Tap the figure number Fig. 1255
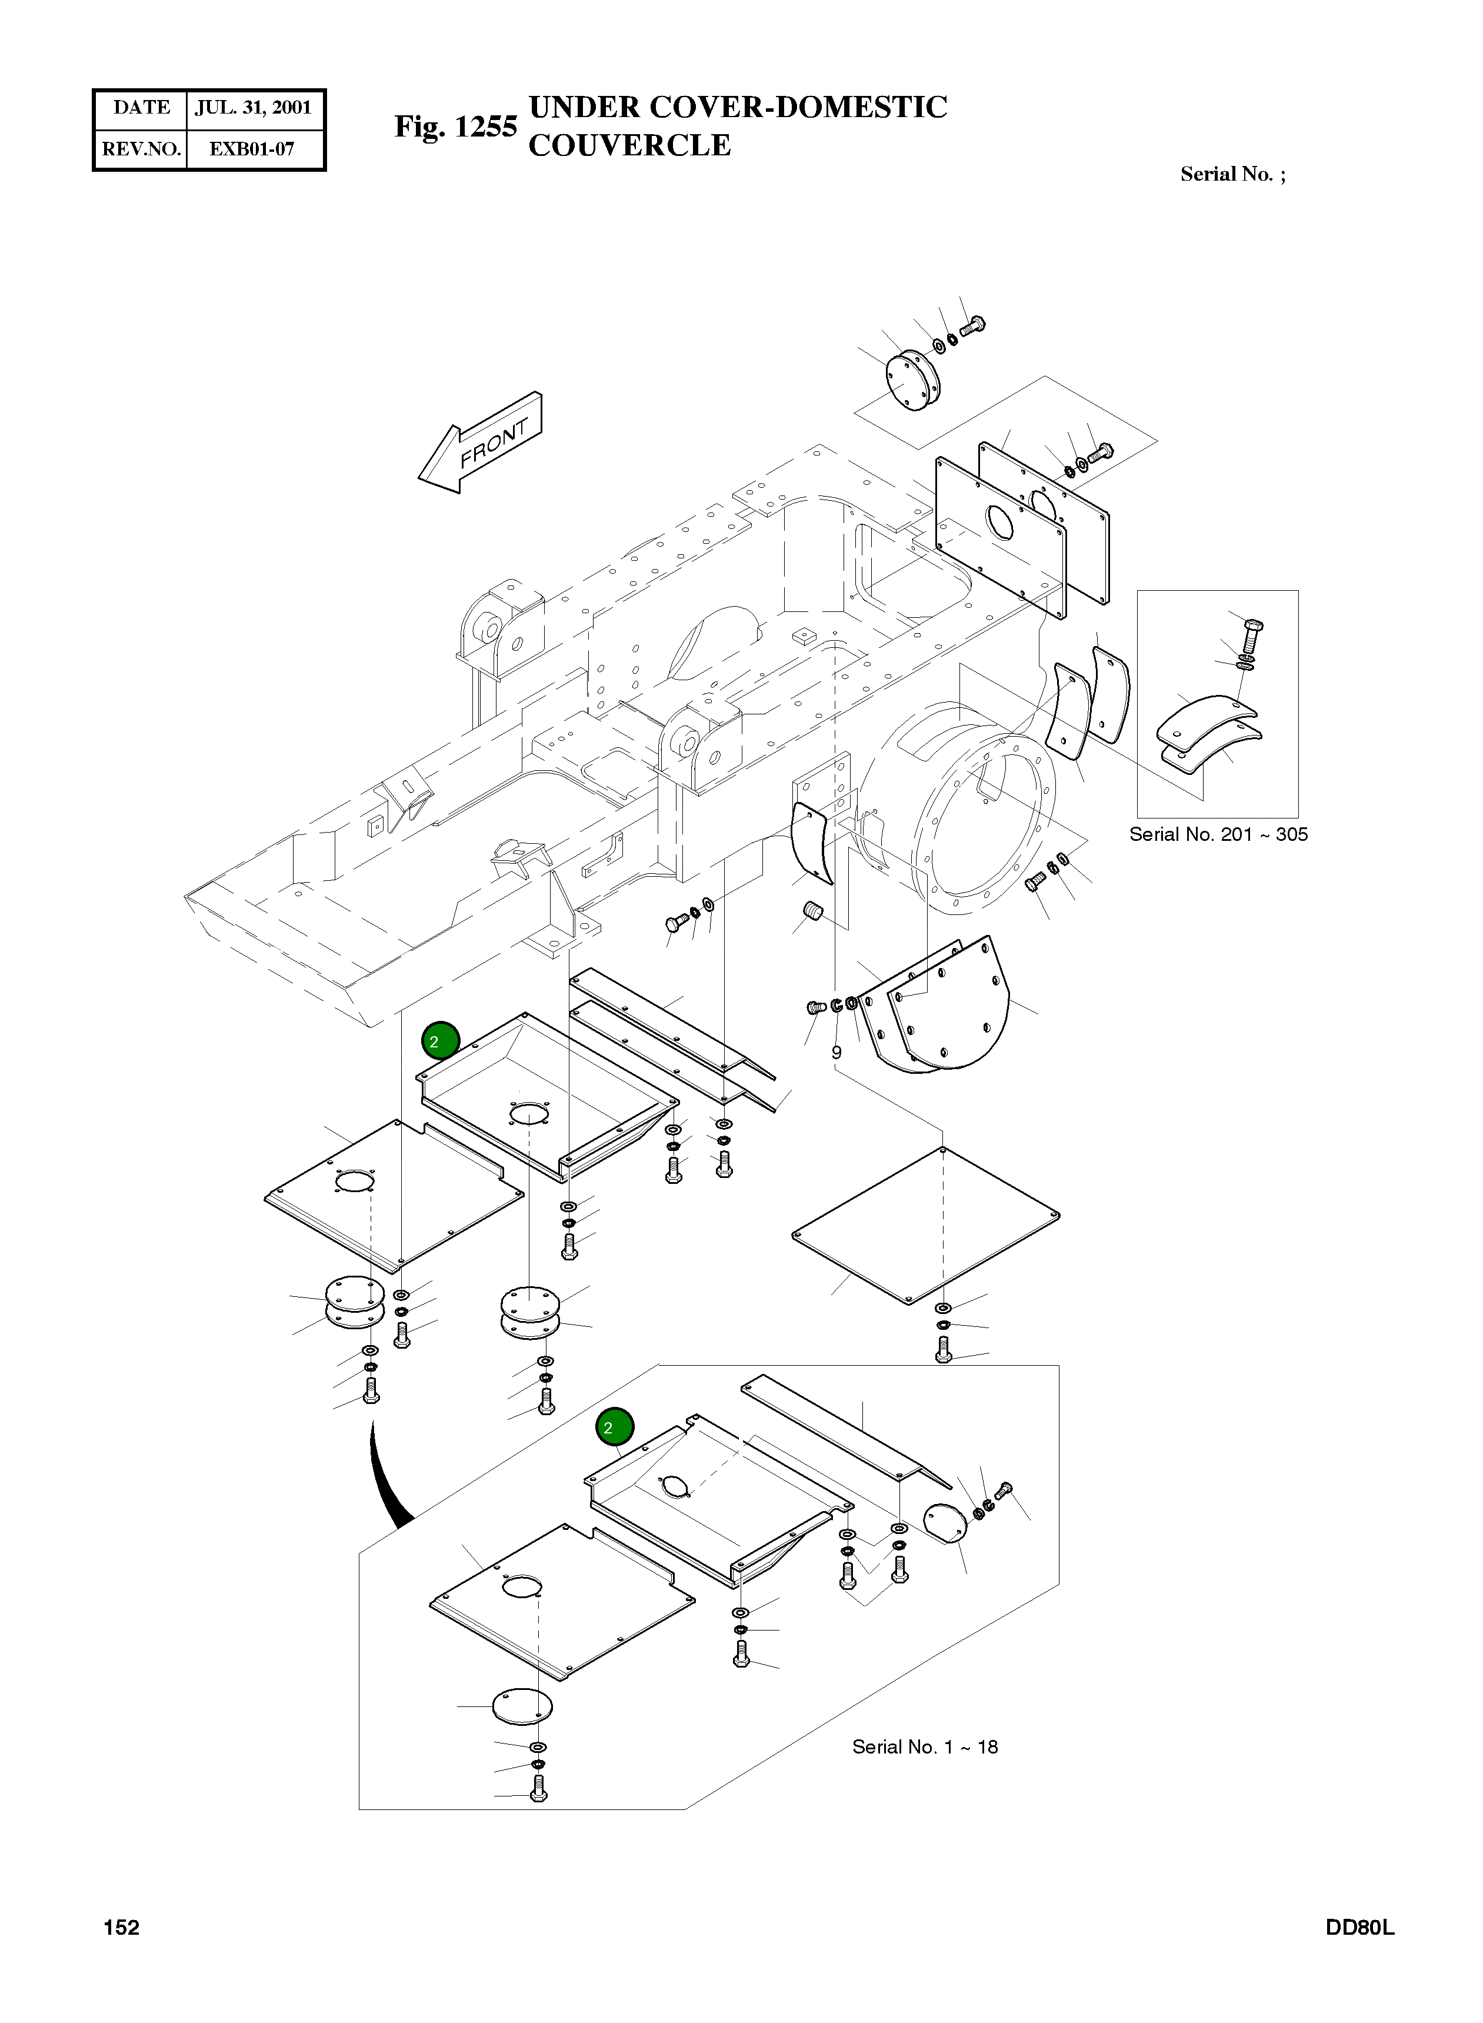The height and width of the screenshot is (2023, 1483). pos(455,127)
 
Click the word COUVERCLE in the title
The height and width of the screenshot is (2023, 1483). pos(629,145)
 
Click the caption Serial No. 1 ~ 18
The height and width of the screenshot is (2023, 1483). pos(925,1746)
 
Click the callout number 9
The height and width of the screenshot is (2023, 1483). pos(836,1052)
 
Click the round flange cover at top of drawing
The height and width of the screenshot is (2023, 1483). pos(911,381)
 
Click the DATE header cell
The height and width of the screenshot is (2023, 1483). pos(141,108)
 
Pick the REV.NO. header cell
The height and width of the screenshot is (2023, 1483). pos(141,149)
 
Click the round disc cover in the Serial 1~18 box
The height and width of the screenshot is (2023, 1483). pos(522,1703)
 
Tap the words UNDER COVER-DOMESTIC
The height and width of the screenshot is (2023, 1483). pos(738,107)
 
